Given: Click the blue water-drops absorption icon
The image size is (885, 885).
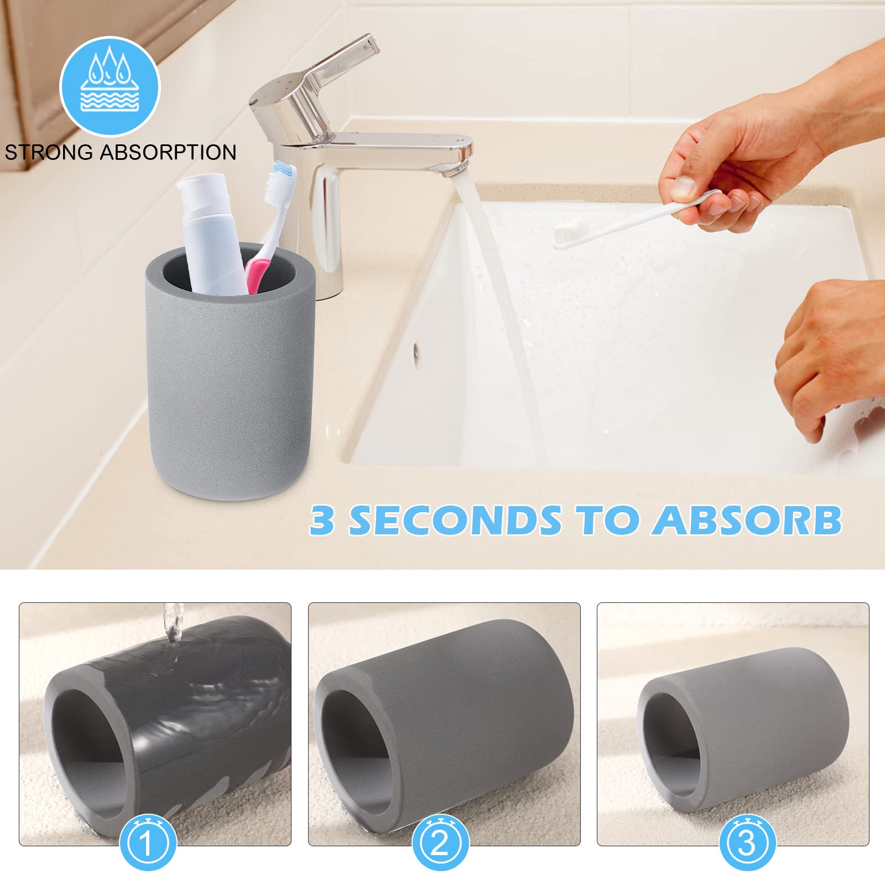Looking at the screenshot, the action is click(110, 86).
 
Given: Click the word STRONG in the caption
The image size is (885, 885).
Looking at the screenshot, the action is click(49, 152).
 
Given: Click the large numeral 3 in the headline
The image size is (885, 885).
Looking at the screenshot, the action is click(322, 520).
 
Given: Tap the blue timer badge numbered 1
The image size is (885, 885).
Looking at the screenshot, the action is click(148, 841).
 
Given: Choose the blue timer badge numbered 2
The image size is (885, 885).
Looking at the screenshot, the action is click(440, 841).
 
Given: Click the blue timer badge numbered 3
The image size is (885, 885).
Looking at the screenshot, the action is click(747, 841).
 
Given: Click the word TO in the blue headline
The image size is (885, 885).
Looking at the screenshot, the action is click(606, 520).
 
